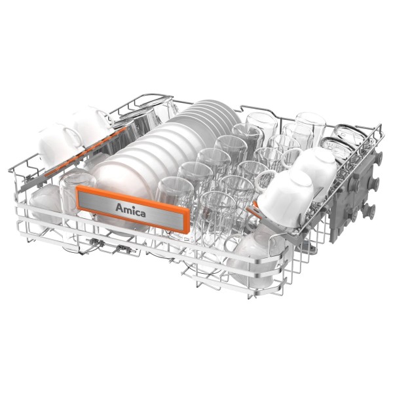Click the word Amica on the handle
(x=130, y=210)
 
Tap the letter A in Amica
(x=119, y=208)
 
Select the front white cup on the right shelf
(x=286, y=198)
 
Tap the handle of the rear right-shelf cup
(x=291, y=157)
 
